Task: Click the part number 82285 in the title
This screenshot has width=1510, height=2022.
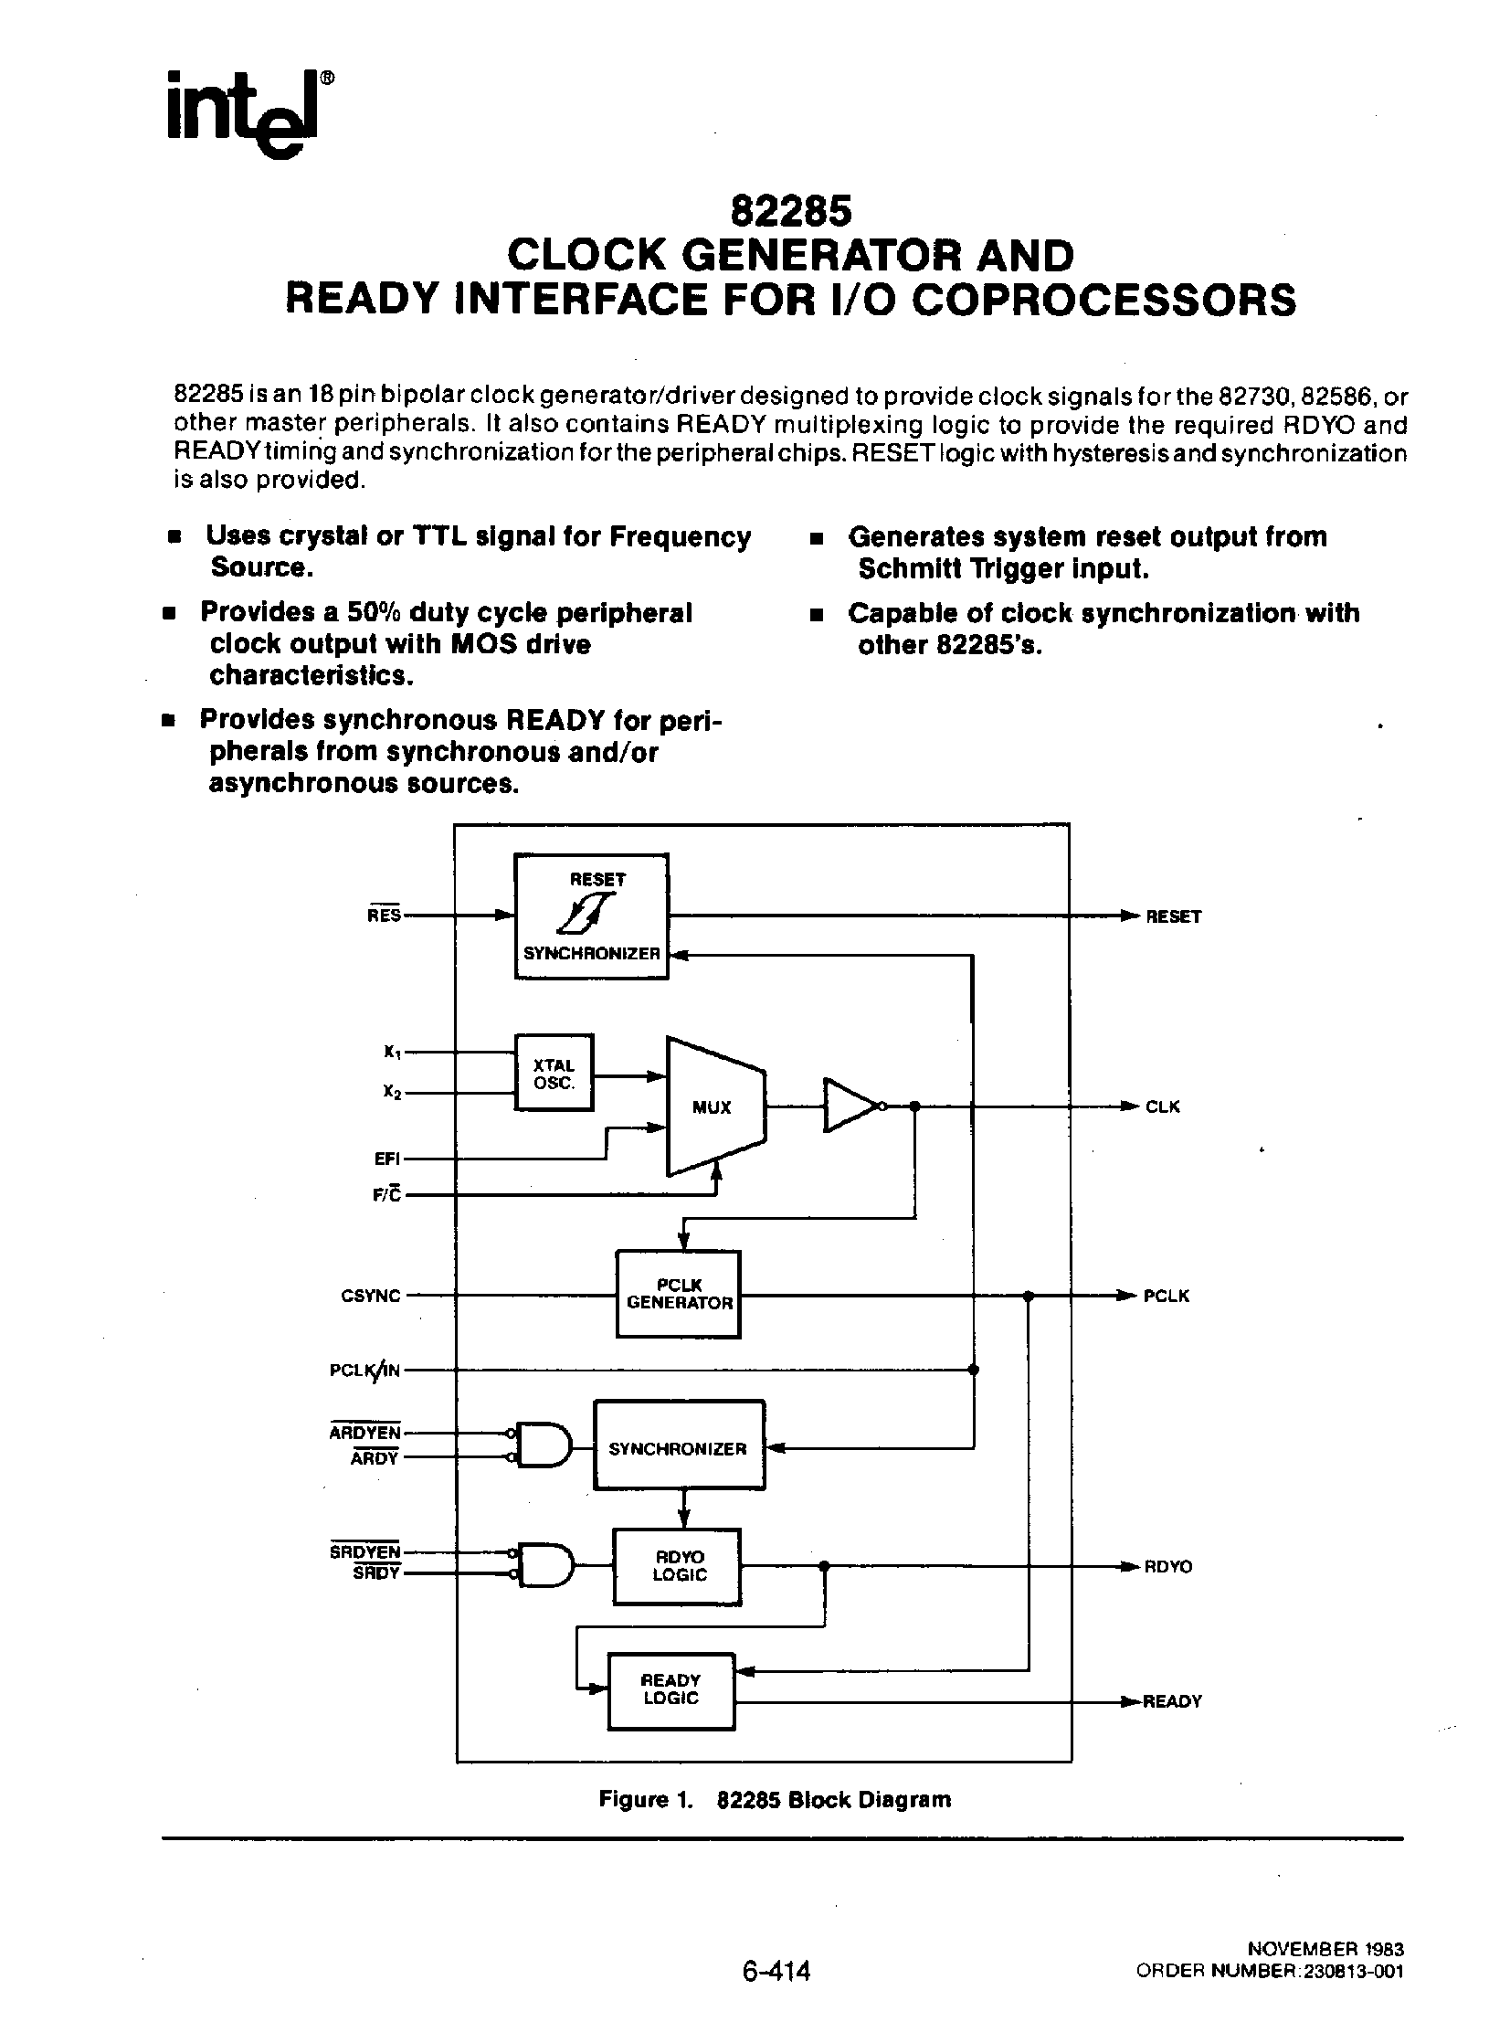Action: click(x=791, y=212)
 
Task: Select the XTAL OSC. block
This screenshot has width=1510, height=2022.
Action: click(x=554, y=1074)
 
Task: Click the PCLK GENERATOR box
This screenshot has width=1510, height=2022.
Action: click(x=678, y=1295)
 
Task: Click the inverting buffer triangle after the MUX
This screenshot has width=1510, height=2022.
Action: click(x=850, y=1106)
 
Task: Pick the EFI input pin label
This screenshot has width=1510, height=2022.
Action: click(x=387, y=1159)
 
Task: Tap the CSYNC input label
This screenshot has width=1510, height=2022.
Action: click(x=371, y=1297)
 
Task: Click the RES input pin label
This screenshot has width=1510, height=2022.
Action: click(x=385, y=915)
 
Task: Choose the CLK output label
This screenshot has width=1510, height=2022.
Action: click(x=1163, y=1107)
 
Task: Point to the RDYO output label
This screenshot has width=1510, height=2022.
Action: click(x=1168, y=1567)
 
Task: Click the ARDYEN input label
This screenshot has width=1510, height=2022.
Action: click(x=364, y=1433)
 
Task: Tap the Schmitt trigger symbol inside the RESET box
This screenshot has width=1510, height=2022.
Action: click(x=591, y=914)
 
